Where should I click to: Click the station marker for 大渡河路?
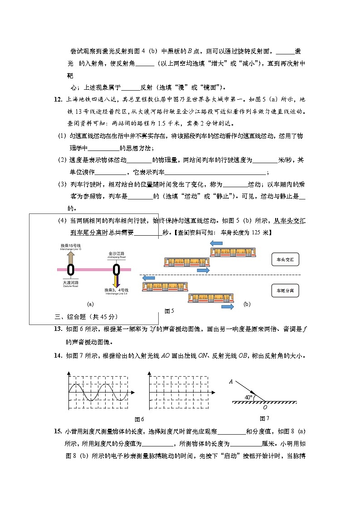pos(71,270)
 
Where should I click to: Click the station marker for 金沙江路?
pos(117,270)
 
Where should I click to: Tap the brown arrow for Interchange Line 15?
pos(71,257)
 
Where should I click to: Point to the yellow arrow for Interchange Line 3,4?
pos(117,281)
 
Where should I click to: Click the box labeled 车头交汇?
pos(285,260)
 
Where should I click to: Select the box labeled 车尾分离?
pos(285,291)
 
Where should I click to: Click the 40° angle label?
pos(248,398)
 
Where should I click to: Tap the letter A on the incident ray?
pos(231,382)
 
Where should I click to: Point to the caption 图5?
pos(169,311)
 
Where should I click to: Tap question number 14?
pos(58,355)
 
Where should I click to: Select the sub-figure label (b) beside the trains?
pos(247,304)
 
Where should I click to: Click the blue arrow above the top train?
pos(216,243)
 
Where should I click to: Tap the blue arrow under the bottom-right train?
pos(227,307)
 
